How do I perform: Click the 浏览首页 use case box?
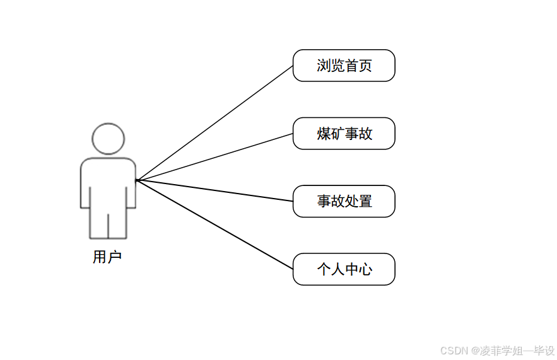pos(344,66)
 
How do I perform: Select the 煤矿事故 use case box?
pos(344,134)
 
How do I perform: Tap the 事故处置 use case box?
pos(344,201)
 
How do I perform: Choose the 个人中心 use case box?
pos(344,269)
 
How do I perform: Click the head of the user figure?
pos(108,139)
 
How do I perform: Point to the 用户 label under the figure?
pos(107,257)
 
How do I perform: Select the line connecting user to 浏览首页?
pos(214,123)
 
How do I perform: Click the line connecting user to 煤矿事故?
pos(214,157)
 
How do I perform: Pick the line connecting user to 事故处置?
pos(214,190)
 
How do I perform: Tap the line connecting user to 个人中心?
pos(214,224)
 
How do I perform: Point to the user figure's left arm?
pos(85,186)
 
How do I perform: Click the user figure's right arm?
pos(131,186)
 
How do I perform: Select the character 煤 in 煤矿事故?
pos(324,134)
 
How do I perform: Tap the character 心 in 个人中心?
pos(365,270)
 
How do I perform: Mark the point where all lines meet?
pos(136,180)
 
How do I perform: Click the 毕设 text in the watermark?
pos(544,351)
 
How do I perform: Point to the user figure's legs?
pos(108,224)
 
